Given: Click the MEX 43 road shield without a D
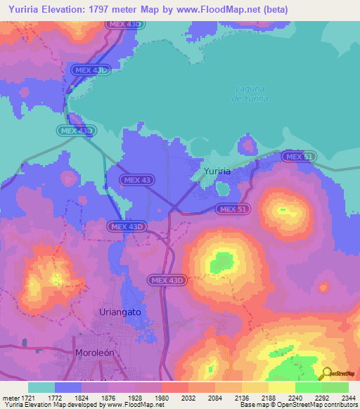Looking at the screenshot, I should coord(136,181).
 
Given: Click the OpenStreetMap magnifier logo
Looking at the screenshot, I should coord(326,374).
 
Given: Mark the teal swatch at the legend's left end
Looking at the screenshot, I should coord(41,387).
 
